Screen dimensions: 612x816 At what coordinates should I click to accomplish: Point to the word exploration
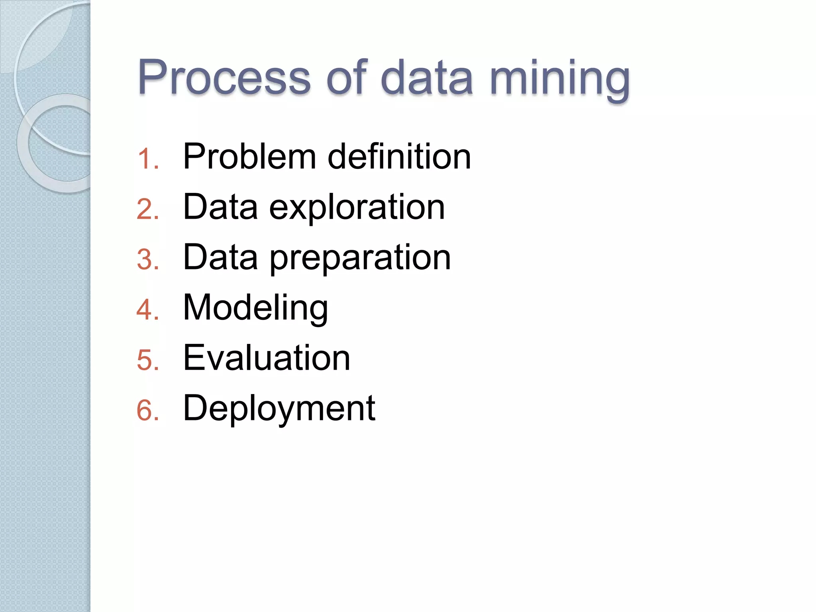click(357, 208)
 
